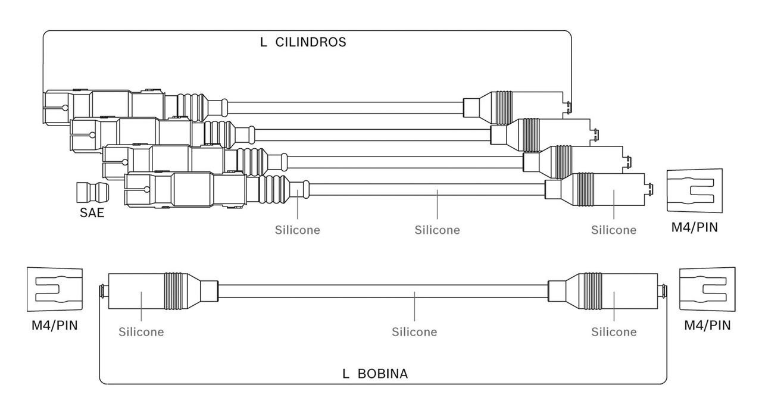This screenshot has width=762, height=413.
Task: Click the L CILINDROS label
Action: (303, 42)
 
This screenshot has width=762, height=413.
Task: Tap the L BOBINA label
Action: (375, 374)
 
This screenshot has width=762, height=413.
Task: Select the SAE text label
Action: (92, 213)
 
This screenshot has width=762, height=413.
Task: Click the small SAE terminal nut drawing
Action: (92, 193)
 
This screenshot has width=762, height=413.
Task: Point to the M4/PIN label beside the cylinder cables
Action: (694, 227)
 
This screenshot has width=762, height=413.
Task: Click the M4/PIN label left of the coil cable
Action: (54, 326)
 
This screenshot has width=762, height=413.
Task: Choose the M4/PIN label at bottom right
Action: (707, 326)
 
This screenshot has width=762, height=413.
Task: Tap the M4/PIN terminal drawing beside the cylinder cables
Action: (694, 190)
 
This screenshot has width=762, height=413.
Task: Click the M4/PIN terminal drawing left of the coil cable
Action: (54, 289)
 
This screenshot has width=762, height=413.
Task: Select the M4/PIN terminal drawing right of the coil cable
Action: (707, 289)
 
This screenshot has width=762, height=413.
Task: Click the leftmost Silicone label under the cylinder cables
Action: (297, 230)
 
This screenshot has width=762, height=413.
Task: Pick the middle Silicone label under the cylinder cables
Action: (437, 230)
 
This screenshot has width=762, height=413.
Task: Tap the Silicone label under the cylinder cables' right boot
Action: (614, 230)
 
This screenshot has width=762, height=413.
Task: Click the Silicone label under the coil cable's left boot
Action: (141, 332)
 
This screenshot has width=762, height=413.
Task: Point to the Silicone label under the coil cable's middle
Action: (414, 332)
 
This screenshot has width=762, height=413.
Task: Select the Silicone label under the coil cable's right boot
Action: (614, 332)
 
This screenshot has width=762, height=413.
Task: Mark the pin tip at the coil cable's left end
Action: (101, 291)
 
